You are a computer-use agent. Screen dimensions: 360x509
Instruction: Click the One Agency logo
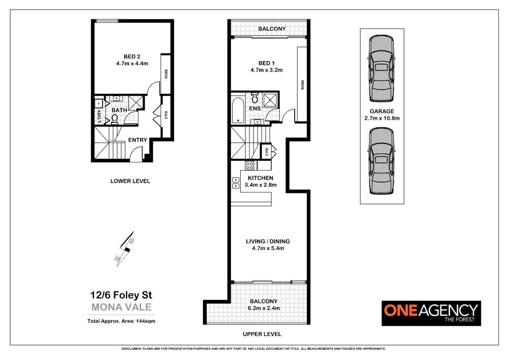(431, 312)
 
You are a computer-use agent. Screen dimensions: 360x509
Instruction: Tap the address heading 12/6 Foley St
(121, 295)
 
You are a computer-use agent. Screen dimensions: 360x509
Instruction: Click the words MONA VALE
(121, 307)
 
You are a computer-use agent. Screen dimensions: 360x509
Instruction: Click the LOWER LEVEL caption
(130, 181)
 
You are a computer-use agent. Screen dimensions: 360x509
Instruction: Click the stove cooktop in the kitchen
(250, 165)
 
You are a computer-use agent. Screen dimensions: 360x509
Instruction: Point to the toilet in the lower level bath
(115, 119)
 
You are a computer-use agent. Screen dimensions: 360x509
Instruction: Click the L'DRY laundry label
(99, 117)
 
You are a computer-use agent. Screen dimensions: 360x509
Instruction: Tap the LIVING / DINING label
(268, 241)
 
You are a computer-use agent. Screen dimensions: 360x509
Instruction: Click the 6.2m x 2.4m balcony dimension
(264, 308)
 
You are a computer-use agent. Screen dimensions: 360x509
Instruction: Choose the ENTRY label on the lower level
(137, 140)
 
